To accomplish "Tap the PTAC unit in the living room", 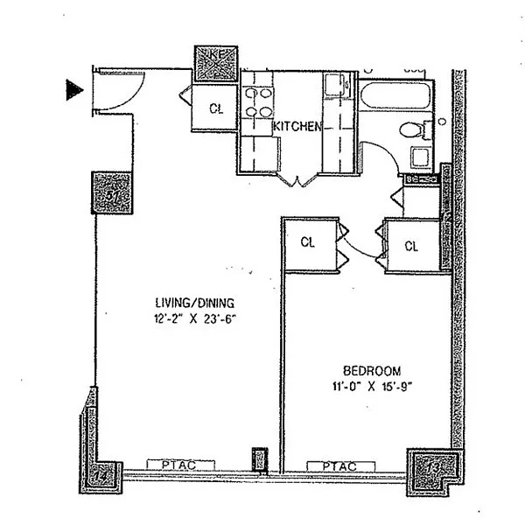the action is click(x=170, y=464).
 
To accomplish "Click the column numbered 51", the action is click(x=110, y=194).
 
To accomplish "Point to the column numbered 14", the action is click(x=102, y=475).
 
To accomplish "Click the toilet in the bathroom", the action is click(x=413, y=131).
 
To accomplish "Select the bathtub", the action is click(x=395, y=98).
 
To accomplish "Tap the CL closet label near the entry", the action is click(x=215, y=109).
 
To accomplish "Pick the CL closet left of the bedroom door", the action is click(x=307, y=241).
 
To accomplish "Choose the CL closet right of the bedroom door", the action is click(x=411, y=246).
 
